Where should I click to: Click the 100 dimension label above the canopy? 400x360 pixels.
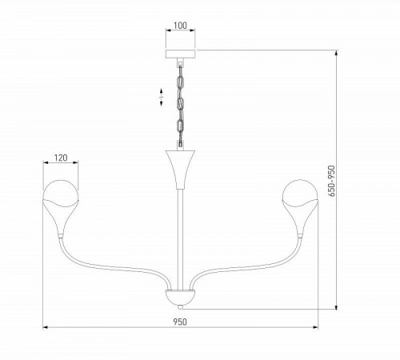pos(180,26)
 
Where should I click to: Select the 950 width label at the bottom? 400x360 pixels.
pos(180,321)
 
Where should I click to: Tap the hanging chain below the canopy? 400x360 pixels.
pos(180,104)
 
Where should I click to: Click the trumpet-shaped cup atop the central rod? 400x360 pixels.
pos(180,164)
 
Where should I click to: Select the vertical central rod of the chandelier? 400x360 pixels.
pos(180,232)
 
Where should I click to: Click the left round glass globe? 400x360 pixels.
pos(60,194)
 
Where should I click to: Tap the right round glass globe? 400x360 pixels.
pos(300,194)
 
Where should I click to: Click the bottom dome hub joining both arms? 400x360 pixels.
pos(180,296)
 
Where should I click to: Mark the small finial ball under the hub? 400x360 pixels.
pos(180,306)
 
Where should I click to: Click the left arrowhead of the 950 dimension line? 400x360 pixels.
pos(45,327)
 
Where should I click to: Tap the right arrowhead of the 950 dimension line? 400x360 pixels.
pos(315,327)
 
